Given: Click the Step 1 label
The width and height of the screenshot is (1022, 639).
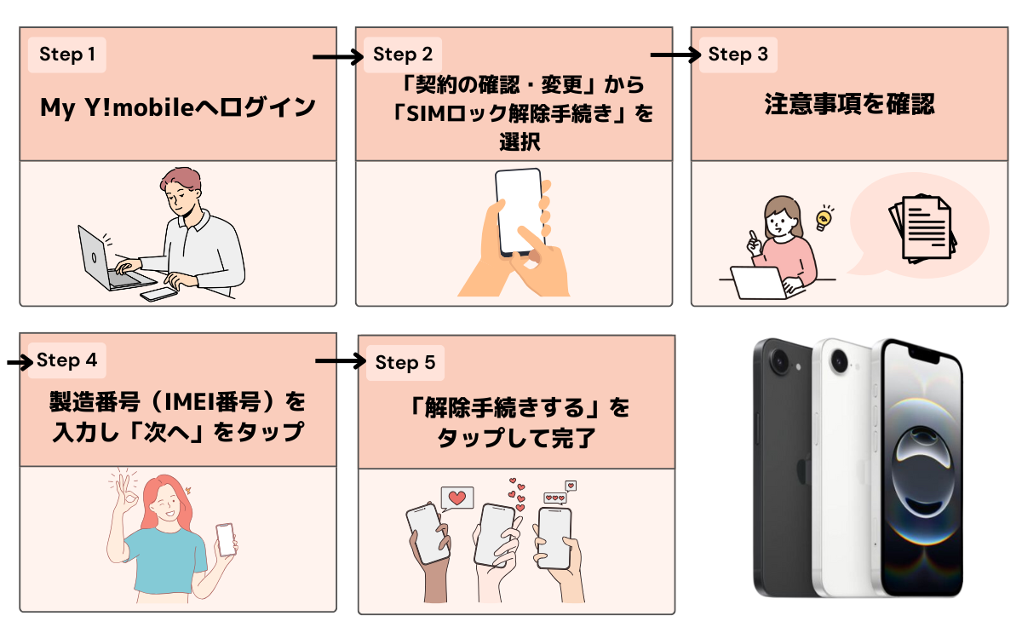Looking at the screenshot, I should [x=67, y=55].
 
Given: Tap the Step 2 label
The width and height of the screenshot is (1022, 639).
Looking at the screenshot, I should [x=403, y=55].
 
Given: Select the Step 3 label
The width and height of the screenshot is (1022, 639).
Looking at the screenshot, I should [x=738, y=55].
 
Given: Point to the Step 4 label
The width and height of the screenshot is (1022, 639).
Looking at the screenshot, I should [x=67, y=360].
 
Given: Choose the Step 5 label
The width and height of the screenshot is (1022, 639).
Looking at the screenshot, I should [x=405, y=363].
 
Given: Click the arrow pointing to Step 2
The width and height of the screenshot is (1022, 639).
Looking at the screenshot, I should [x=337, y=57].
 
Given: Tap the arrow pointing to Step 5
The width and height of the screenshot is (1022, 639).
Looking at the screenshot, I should [x=339, y=361].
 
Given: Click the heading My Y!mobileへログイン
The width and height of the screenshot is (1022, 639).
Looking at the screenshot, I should [x=178, y=108].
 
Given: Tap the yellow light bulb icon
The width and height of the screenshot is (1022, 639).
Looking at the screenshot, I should [x=823, y=219].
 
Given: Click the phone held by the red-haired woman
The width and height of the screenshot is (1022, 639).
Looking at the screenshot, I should [x=226, y=538].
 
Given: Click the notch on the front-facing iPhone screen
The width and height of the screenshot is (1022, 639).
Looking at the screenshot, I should [x=924, y=350].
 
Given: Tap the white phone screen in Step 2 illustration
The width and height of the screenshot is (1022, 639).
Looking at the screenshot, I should [x=519, y=209].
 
